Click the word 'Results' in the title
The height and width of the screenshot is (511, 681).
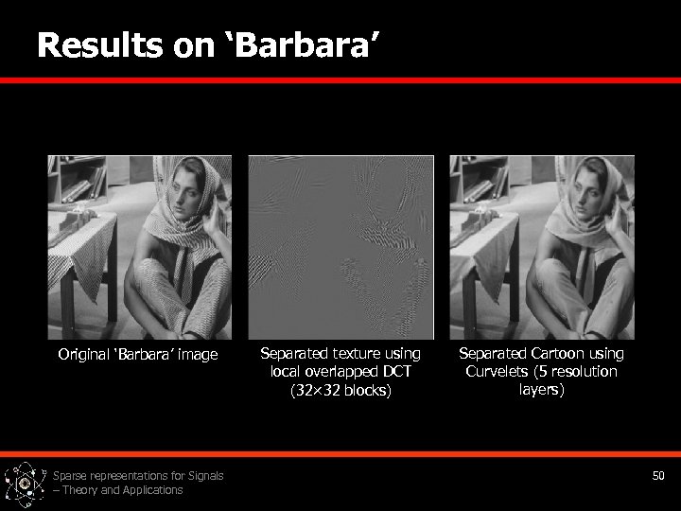tap(99, 45)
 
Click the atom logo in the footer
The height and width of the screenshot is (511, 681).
tap(25, 483)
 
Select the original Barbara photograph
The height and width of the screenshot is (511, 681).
tap(140, 248)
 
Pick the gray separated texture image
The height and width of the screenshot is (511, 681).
tap(340, 248)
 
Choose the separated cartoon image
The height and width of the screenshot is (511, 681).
tap(541, 248)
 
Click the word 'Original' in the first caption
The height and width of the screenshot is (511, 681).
tap(83, 355)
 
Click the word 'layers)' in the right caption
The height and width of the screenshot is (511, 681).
tap(541, 389)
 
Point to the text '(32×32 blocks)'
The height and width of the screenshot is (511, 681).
tap(340, 390)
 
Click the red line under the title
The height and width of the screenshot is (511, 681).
tap(340, 81)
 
